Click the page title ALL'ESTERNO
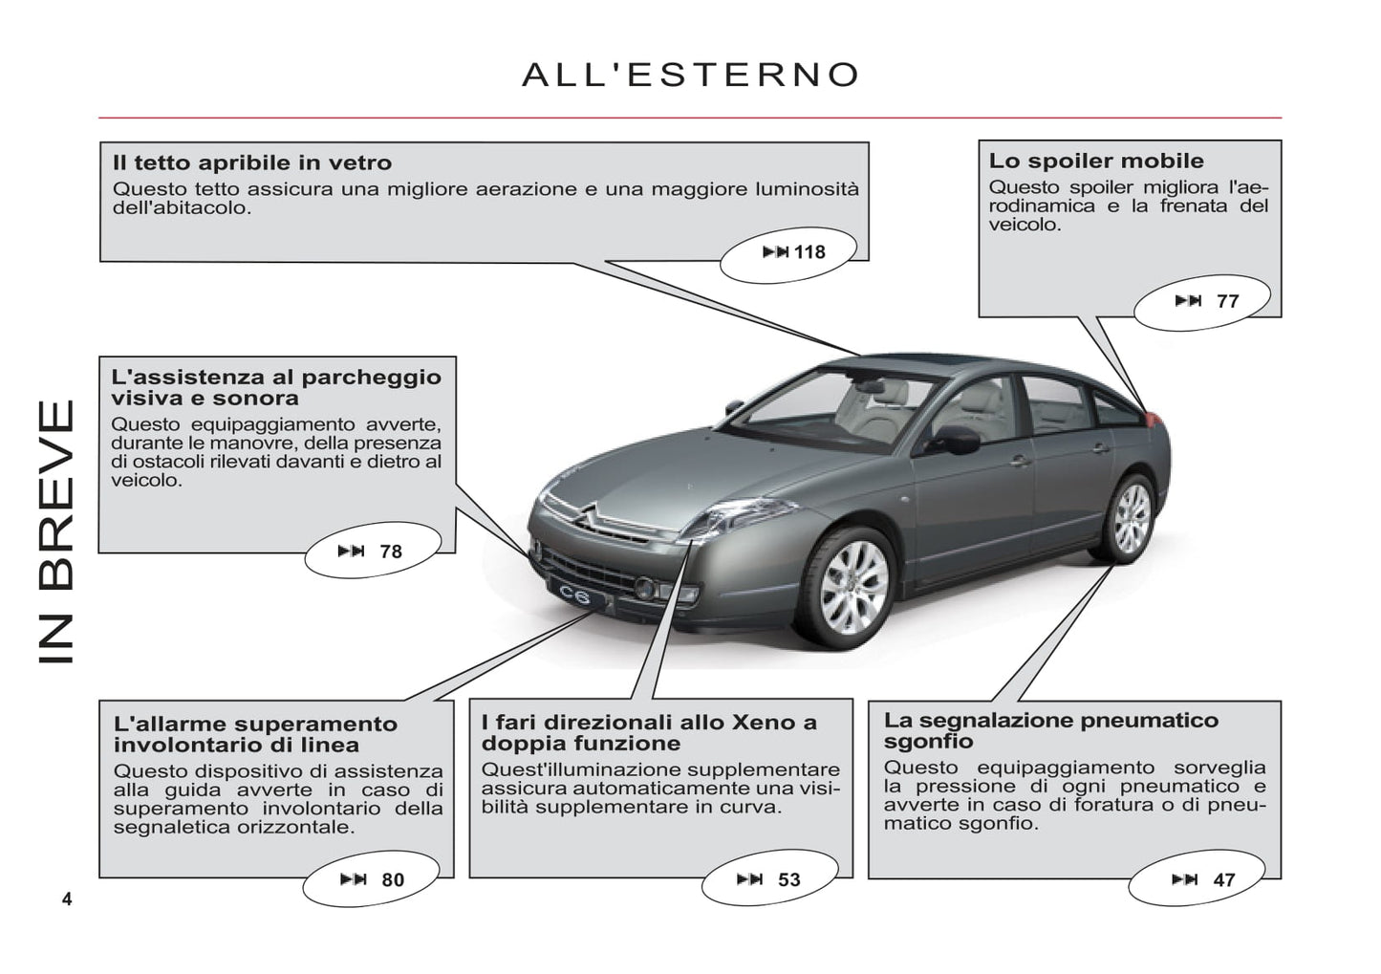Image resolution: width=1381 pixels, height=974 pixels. [x=690, y=75]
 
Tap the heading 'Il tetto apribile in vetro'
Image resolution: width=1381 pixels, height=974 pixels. [x=252, y=162]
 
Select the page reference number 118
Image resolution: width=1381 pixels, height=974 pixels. [x=809, y=252]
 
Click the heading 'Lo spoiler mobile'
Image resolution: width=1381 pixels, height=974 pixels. [x=1096, y=161]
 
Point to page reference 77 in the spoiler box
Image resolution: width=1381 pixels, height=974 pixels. [x=1227, y=301]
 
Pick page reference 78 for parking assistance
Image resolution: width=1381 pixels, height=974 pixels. [x=390, y=552]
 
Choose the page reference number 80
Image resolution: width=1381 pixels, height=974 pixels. [x=392, y=880]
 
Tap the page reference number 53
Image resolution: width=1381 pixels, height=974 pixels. [x=788, y=880]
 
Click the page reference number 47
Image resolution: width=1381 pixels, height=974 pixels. [x=1223, y=880]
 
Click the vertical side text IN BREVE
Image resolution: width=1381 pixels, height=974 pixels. [x=55, y=531]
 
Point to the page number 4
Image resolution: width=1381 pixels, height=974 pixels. [x=67, y=898]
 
